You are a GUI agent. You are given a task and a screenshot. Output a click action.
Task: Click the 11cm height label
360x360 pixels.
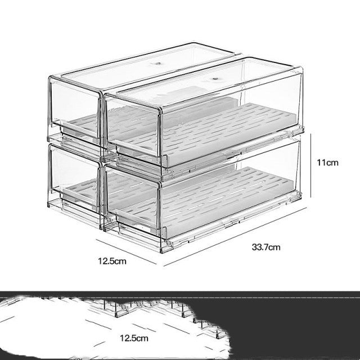pyautogui.click(x=327, y=163)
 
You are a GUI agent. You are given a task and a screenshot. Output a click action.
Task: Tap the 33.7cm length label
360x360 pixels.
pyautogui.click(x=266, y=247)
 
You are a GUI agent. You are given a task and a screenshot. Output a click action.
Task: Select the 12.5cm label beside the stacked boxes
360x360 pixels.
pyautogui.click(x=112, y=261)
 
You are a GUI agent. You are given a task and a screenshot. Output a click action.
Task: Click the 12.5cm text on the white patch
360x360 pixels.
pyautogui.click(x=134, y=338)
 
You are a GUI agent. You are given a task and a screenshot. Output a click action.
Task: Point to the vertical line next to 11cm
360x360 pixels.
pyautogui.click(x=311, y=165)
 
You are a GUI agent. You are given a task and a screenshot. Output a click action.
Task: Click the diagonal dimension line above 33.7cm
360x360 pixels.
pyautogui.click(x=235, y=237)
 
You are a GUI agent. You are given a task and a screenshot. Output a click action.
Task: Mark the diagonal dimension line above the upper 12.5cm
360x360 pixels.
pyautogui.click(x=126, y=252)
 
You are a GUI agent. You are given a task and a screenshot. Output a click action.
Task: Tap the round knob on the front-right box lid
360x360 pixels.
pyautogui.click(x=215, y=79)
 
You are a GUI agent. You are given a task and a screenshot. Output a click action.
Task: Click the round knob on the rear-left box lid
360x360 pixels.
pyautogui.click(x=158, y=63)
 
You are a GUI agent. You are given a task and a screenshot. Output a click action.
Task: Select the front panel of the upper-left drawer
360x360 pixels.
pyautogui.click(x=75, y=108)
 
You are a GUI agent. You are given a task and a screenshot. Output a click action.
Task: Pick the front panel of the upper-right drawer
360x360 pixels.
pyautogui.click(x=133, y=129)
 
